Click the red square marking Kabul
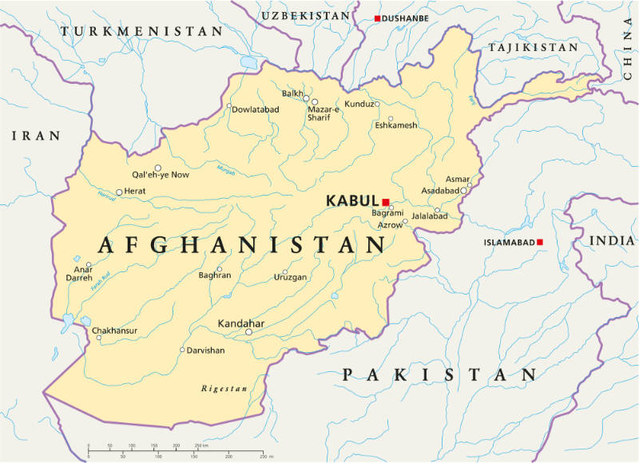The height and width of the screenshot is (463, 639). pyautogui.click(x=386, y=202)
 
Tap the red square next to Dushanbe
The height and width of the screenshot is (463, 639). pyautogui.click(x=378, y=18)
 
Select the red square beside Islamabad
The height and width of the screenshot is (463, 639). pyautogui.click(x=540, y=242)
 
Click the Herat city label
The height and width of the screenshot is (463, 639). pyautogui.click(x=135, y=192)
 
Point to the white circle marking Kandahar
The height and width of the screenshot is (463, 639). pyautogui.click(x=248, y=332)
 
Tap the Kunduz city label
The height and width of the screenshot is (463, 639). pyautogui.click(x=359, y=105)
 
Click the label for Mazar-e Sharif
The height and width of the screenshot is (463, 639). pyautogui.click(x=324, y=113)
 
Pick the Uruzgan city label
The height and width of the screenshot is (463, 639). pyautogui.click(x=291, y=277)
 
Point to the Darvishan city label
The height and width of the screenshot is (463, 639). pyautogui.click(x=205, y=350)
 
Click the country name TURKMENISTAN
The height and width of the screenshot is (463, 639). pyautogui.click(x=141, y=31)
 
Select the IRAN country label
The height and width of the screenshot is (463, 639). pyautogui.click(x=35, y=137)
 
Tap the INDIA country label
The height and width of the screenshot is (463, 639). pyautogui.click(x=612, y=240)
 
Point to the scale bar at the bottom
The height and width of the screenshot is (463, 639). pyautogui.click(x=176, y=449)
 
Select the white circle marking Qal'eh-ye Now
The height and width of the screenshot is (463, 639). pyautogui.click(x=158, y=168)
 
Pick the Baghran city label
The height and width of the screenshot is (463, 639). pyautogui.click(x=214, y=275)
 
